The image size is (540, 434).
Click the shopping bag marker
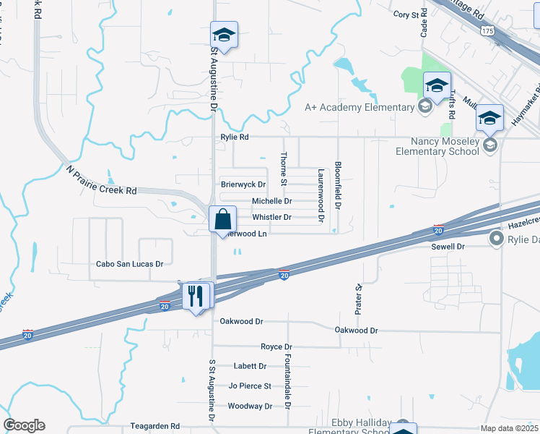coord(223,219)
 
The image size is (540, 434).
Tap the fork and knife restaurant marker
coord(196,296)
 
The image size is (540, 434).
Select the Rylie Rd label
coord(235,137)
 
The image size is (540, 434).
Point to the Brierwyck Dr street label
coord(243,185)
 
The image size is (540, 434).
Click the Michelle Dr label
coord(271,201)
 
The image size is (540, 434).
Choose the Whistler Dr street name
coord(271,217)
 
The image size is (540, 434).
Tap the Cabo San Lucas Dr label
coord(130,264)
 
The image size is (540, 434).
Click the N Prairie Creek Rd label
coord(101,181)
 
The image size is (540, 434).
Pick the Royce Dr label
coord(276,347)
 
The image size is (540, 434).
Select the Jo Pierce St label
coord(250,386)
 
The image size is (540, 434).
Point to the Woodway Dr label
coord(250,406)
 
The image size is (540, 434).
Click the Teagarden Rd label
coord(154,426)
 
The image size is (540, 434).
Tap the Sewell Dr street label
coord(448,247)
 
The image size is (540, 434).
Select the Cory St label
coord(406,14)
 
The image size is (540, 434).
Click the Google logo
coord(24,425)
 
